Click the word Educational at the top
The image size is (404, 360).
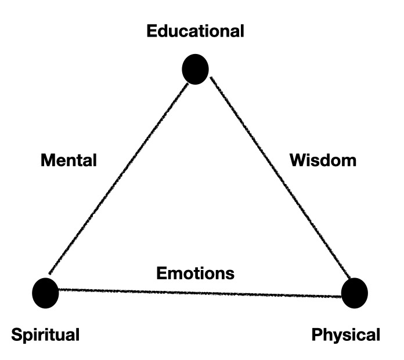(x=195, y=31)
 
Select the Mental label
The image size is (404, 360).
(x=68, y=160)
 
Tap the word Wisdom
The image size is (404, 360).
(x=323, y=160)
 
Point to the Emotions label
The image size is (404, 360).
(x=195, y=272)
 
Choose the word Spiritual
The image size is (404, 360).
(x=45, y=335)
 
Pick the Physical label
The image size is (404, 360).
(x=346, y=335)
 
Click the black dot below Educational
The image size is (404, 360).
(x=195, y=69)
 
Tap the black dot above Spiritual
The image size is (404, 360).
(x=46, y=292)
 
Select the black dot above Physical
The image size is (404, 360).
(x=354, y=293)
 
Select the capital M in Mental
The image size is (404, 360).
(x=47, y=160)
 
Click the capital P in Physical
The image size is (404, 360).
(x=316, y=335)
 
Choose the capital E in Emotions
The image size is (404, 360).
(x=161, y=272)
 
